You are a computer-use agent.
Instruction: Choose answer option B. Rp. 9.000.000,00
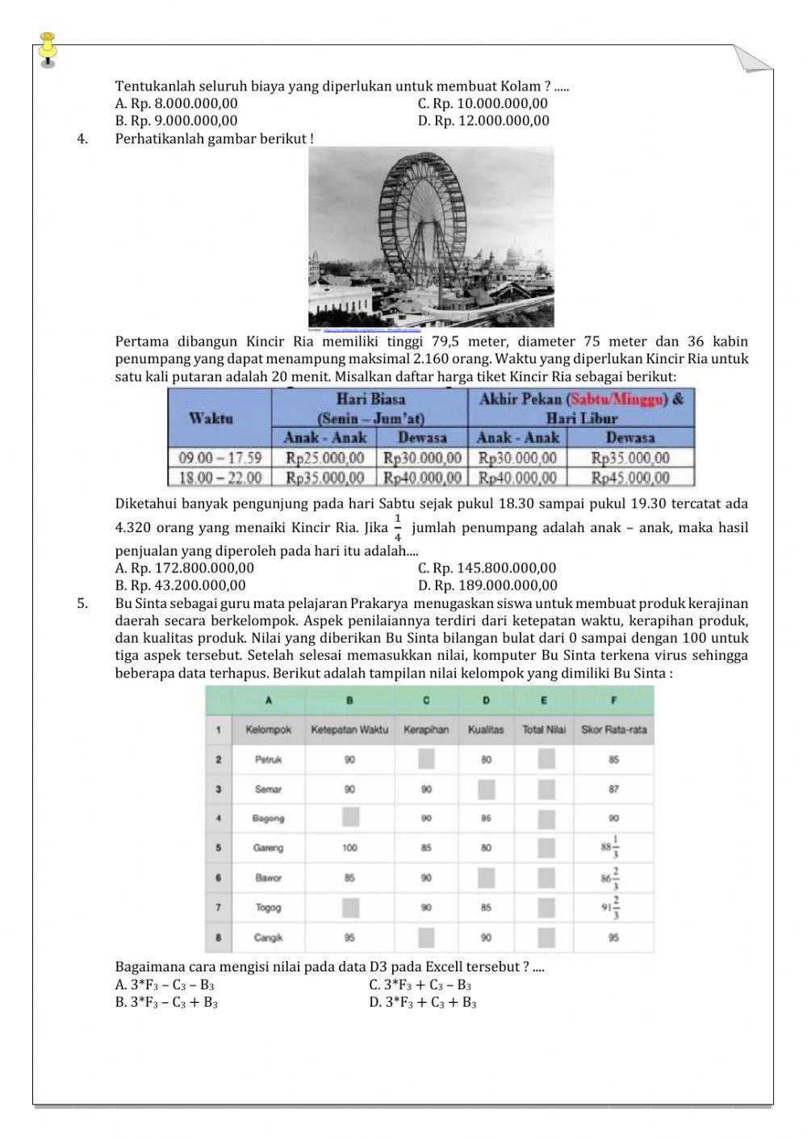pos(177,121)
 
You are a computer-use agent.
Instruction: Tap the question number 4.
pos(82,138)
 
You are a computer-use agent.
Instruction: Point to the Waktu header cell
pos(211,418)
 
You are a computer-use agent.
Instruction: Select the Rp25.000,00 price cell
pos(325,458)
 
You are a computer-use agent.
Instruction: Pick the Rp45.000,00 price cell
pos(630,478)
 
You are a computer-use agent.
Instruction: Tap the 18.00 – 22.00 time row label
pos(220,478)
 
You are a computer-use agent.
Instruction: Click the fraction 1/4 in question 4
pos(397,526)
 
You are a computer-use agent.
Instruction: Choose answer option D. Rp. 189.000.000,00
pos(487,585)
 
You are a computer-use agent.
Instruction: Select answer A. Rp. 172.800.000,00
pos(185,568)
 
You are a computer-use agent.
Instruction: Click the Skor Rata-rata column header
pos(613,729)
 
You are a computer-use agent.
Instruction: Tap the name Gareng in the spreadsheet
pos(269,848)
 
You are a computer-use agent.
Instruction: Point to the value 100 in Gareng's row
pos(349,848)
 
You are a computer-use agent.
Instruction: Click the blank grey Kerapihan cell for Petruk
pos(426,759)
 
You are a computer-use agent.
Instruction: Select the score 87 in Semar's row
pos(613,789)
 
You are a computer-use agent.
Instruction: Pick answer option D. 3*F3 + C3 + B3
pos(423,1003)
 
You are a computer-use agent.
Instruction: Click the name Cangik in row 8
pos(268,938)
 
